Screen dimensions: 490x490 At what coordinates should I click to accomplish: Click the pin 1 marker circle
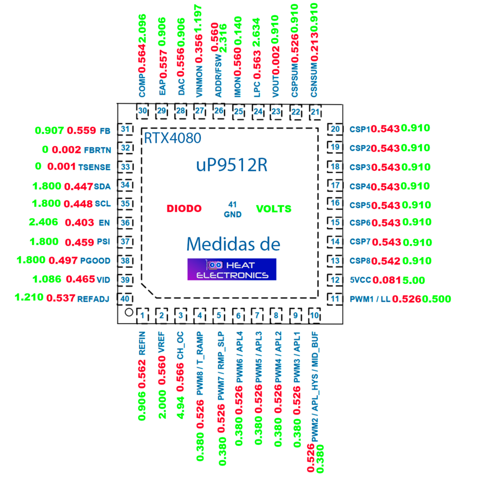(x=129, y=312)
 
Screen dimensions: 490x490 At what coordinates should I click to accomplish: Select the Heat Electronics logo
(x=232, y=269)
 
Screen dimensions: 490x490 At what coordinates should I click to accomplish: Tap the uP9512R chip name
(x=232, y=165)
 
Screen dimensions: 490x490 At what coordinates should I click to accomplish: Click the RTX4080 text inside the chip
(x=172, y=138)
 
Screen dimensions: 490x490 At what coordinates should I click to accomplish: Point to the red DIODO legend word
(x=184, y=209)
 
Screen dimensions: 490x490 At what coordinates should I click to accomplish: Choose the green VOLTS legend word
(x=274, y=209)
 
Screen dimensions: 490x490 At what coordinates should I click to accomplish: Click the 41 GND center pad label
(x=233, y=210)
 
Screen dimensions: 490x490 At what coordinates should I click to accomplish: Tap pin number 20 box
(x=335, y=129)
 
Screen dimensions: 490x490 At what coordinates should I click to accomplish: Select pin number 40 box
(x=125, y=299)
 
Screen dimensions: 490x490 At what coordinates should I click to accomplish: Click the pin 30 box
(x=143, y=111)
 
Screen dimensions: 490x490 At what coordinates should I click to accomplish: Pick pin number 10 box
(x=315, y=315)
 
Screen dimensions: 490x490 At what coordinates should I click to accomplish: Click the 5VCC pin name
(x=360, y=280)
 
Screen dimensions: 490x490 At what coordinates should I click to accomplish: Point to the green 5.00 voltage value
(x=414, y=280)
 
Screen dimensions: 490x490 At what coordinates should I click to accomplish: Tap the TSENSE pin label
(x=94, y=167)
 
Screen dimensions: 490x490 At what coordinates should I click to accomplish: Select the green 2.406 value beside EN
(x=44, y=222)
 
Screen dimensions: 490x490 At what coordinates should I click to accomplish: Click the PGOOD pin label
(x=95, y=261)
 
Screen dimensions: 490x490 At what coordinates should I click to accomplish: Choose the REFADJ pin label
(x=93, y=299)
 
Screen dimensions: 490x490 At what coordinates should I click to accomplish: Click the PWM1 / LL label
(x=370, y=299)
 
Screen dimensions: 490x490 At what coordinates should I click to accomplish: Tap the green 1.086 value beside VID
(x=47, y=279)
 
